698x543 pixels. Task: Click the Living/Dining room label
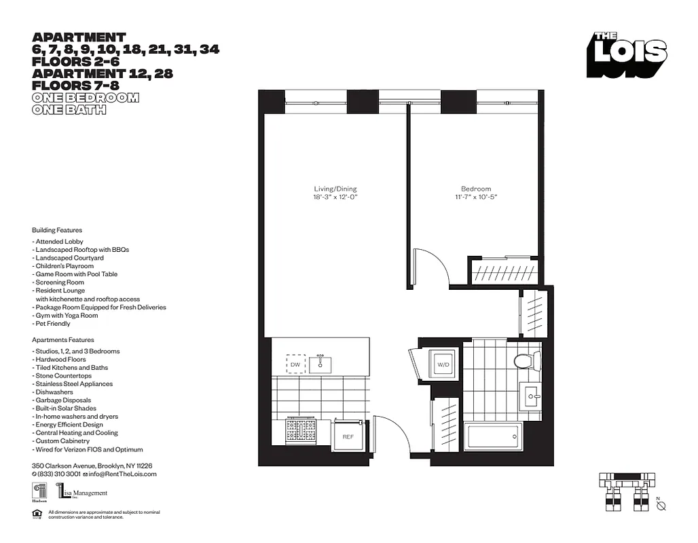(x=335, y=189)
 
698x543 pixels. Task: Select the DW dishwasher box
(x=295, y=364)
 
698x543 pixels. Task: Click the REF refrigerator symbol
(x=348, y=436)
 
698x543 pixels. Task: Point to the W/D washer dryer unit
(x=443, y=364)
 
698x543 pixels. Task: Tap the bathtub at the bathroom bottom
(x=493, y=436)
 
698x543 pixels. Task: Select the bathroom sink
(x=531, y=394)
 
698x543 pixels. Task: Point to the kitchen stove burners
(x=301, y=431)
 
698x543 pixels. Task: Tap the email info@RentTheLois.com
(x=122, y=474)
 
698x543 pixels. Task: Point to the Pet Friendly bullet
(x=51, y=324)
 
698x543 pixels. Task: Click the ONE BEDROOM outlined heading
(x=86, y=98)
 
